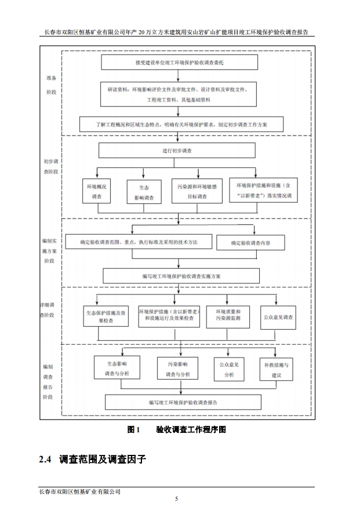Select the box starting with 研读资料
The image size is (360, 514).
click(x=177, y=94)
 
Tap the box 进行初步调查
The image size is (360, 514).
click(x=177, y=151)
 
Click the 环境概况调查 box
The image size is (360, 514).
click(x=97, y=192)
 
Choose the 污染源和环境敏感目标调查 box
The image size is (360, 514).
click(x=197, y=192)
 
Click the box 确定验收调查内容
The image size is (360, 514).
click(x=250, y=243)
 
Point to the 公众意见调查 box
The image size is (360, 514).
click(x=278, y=317)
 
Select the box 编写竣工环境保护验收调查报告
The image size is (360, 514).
click(x=183, y=402)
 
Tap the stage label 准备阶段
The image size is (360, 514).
click(x=52, y=84)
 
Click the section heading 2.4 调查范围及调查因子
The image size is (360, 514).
click(x=92, y=460)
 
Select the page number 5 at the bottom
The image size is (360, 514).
click(x=177, y=498)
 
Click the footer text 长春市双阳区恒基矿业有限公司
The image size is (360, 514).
click(x=79, y=491)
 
